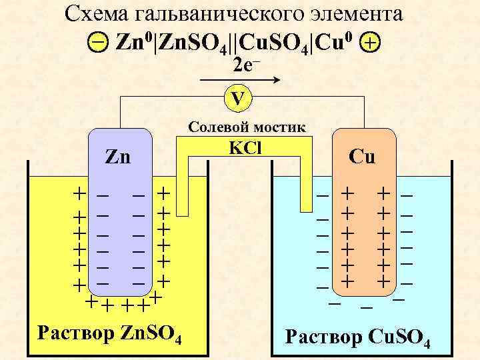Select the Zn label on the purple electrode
119,159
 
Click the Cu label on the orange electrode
362,157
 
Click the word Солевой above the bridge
216,127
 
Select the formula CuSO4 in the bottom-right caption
397,337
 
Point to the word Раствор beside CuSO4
321,336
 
